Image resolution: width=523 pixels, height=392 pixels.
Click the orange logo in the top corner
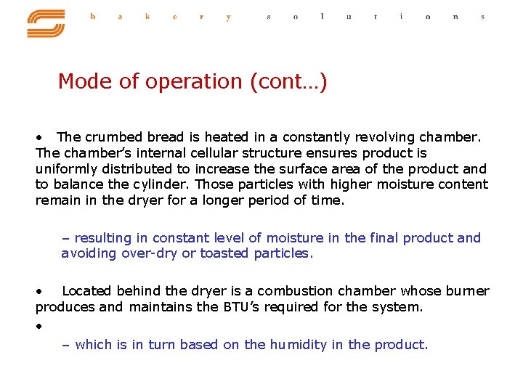(46, 23)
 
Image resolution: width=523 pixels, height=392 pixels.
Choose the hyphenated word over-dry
(150, 253)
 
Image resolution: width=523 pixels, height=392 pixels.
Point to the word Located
(86, 291)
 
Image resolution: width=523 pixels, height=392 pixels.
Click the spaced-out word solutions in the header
(375, 17)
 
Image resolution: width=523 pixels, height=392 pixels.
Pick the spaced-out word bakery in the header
(160, 17)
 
